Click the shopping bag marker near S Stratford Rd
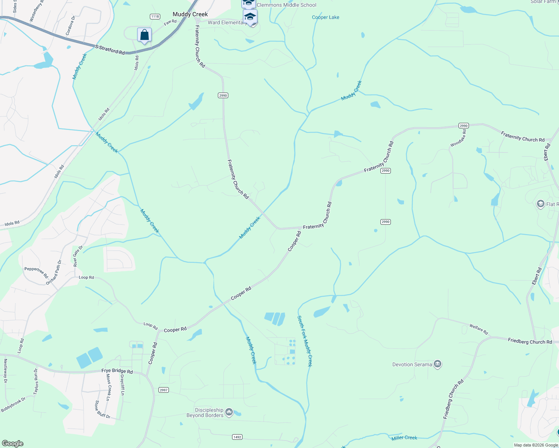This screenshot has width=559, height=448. click(144, 35)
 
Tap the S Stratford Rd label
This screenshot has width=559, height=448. click(110, 50)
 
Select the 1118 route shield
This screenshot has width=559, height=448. click(155, 16)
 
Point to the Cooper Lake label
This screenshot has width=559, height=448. click(325, 17)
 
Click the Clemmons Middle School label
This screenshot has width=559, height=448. click(286, 5)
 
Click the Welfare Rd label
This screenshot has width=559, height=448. click(479, 329)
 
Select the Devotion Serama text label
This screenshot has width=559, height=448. click(412, 364)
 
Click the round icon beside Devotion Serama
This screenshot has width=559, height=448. click(438, 364)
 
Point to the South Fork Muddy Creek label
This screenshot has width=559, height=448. click(305, 341)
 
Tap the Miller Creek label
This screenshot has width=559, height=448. click(404, 438)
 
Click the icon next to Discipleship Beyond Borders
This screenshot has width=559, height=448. click(229, 412)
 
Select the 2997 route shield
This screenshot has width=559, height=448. click(164, 390)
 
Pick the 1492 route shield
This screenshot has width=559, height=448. click(237, 437)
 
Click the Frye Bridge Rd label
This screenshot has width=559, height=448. click(117, 371)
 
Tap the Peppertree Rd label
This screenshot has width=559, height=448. click(36, 273)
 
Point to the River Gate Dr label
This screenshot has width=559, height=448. click(78, 256)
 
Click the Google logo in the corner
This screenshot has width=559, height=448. click(12, 444)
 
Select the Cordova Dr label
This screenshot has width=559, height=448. click(70, 25)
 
